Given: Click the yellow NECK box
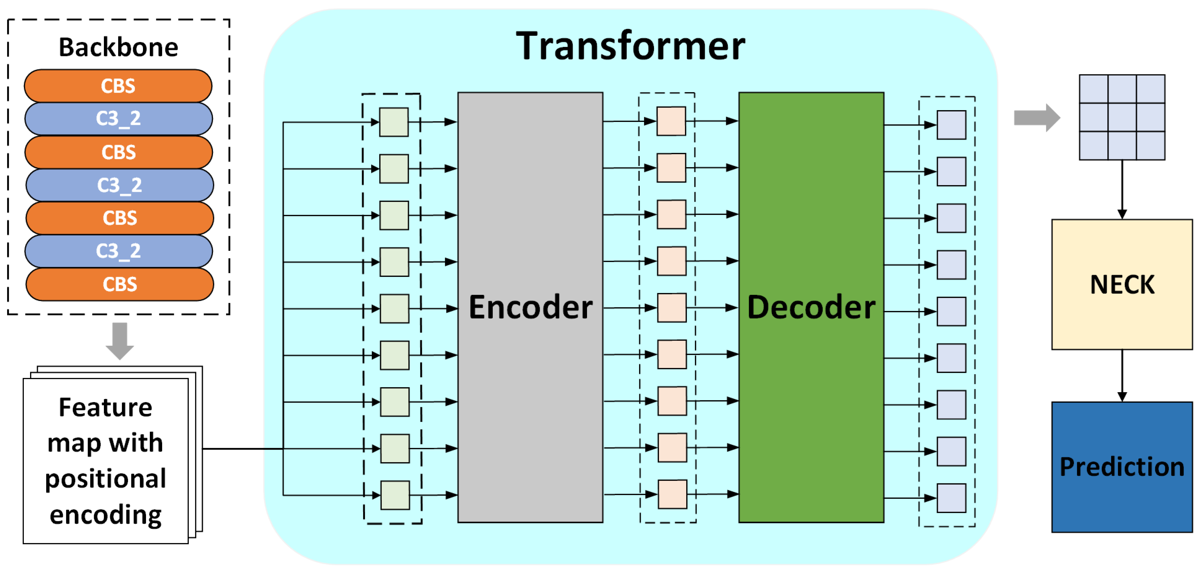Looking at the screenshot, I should (x=1122, y=284).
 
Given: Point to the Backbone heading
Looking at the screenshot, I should (x=118, y=48).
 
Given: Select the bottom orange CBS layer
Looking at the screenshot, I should (x=120, y=284).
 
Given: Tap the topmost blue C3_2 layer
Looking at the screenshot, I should (x=118, y=119).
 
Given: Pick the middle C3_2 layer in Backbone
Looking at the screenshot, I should (x=119, y=185).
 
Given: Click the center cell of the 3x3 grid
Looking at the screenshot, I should (x=1122, y=117).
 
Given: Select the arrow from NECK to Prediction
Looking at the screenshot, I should (x=1122, y=375).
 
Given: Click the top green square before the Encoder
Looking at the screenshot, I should (x=394, y=122).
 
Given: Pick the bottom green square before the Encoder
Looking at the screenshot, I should (x=395, y=495).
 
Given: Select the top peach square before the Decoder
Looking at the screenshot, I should (x=671, y=121).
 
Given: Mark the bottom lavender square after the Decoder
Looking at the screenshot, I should (x=951, y=498).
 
